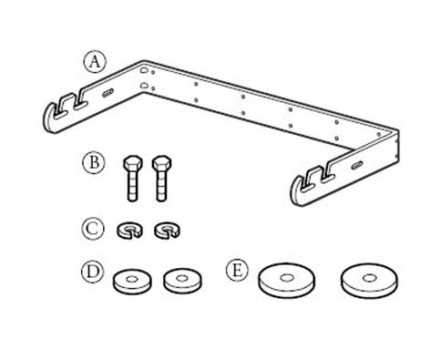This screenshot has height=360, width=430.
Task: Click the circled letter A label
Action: click(95, 62)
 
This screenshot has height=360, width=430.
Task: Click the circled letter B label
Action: click(94, 162)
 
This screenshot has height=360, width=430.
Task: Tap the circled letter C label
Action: click(93, 229)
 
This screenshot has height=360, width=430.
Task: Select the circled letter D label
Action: click(93, 272)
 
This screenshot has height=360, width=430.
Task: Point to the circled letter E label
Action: click(237, 270)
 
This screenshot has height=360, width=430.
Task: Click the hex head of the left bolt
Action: click(133, 164)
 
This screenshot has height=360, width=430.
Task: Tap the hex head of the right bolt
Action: click(161, 164)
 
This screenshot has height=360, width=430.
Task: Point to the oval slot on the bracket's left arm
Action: click(107, 93)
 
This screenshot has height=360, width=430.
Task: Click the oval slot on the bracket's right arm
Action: click(357, 166)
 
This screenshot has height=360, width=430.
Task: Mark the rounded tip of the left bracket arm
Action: click(48, 121)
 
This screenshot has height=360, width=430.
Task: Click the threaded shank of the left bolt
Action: click(133, 186)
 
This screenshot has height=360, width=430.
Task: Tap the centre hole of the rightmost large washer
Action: click(370, 278)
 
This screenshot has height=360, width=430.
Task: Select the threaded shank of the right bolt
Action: click(161, 186)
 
